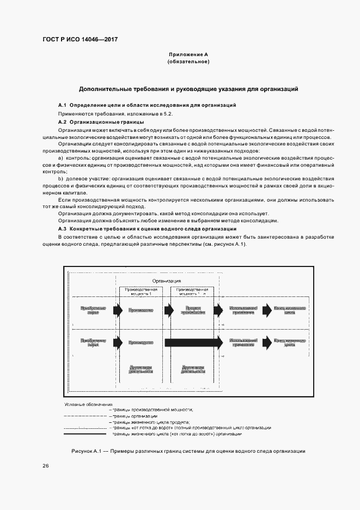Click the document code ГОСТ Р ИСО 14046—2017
(x=80, y=40)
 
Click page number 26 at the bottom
(x=46, y=465)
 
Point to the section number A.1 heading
(x=62, y=104)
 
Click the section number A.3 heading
(x=62, y=229)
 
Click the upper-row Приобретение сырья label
(x=89, y=309)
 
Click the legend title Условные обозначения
(x=88, y=405)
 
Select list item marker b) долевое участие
(x=60, y=179)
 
